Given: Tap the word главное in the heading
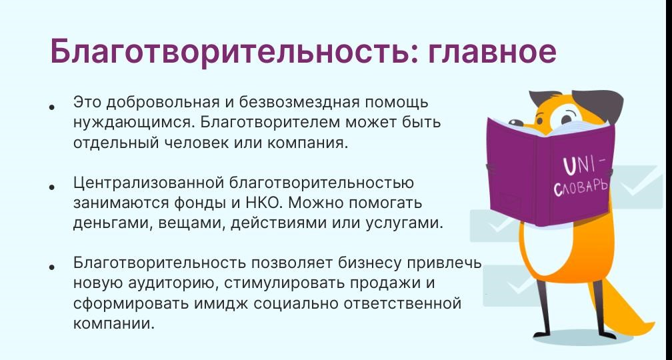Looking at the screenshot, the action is click(492, 52).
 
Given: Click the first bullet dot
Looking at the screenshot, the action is click(52, 107).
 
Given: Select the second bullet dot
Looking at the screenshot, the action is click(52, 187).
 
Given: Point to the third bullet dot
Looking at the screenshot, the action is click(52, 267).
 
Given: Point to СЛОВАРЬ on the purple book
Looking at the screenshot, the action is click(581, 188).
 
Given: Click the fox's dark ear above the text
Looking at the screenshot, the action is click(600, 101).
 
